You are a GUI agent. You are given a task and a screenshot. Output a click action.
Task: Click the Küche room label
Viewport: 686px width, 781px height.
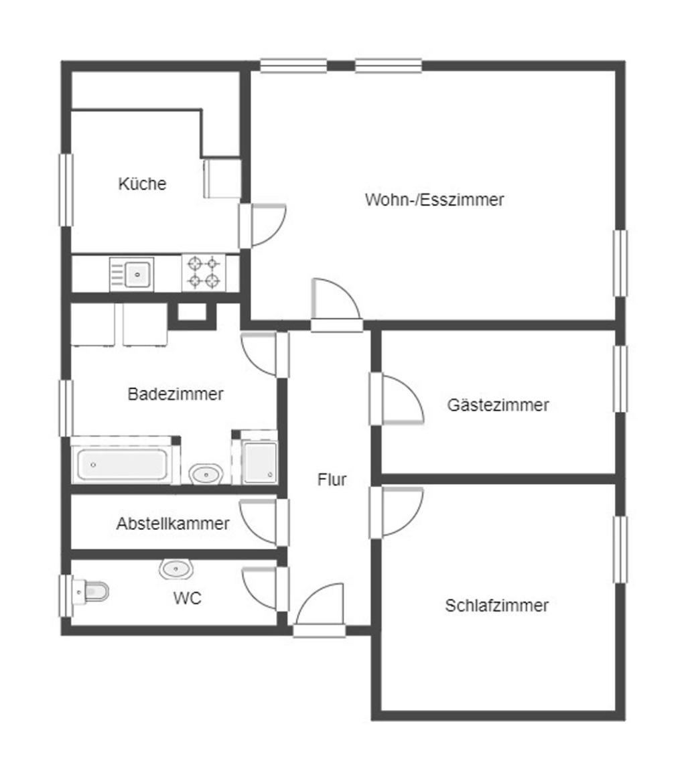(x=142, y=184)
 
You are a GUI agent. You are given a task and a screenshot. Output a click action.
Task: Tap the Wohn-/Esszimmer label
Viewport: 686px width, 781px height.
(x=434, y=200)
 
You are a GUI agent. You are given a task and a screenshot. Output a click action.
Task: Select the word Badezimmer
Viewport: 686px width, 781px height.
(x=176, y=394)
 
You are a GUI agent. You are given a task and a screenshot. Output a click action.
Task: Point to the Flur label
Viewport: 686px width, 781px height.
(x=332, y=479)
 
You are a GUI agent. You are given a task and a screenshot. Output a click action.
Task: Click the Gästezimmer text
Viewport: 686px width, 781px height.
(x=498, y=405)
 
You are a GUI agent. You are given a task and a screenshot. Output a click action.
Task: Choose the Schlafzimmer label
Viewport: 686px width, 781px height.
(x=496, y=606)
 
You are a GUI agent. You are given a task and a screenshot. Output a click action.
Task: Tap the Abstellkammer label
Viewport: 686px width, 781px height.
(x=173, y=524)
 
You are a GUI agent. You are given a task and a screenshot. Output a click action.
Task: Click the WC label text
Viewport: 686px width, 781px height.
(x=188, y=597)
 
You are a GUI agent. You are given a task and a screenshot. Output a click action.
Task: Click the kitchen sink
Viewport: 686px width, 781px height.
(x=131, y=274)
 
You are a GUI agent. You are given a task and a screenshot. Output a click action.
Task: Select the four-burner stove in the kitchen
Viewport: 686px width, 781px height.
(x=204, y=272)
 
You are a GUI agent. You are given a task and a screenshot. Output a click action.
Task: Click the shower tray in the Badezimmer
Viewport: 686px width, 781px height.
(x=259, y=461)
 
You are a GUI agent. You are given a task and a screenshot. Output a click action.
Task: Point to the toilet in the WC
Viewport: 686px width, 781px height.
(x=90, y=591)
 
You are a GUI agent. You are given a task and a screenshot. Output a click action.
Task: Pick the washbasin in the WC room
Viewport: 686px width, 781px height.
(x=176, y=569)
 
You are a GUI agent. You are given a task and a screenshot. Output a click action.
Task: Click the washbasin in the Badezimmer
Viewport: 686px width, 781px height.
(x=206, y=474)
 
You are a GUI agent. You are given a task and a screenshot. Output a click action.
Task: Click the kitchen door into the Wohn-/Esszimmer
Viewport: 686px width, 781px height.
(x=262, y=225)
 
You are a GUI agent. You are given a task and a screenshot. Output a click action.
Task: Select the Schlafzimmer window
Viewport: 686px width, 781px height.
(x=620, y=549)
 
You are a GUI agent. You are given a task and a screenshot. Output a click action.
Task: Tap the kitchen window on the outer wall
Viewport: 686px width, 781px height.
(x=66, y=190)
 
